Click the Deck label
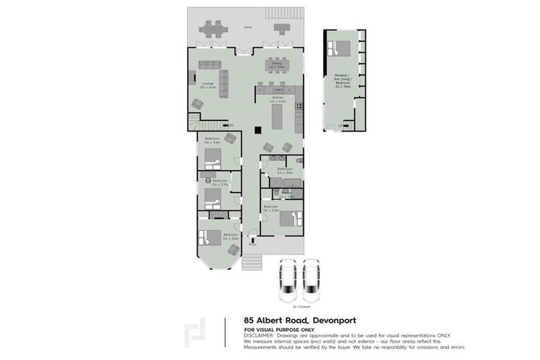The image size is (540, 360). pyautogui.click(x=247, y=27)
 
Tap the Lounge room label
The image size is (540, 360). pyautogui.click(x=208, y=85)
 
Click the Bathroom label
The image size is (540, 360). pyautogui.click(x=284, y=171)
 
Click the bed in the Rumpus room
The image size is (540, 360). pyautogui.click(x=340, y=48)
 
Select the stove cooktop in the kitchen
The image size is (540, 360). pyautogui.click(x=299, y=107)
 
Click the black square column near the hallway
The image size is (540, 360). pyautogui.click(x=259, y=129)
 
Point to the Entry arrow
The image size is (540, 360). pyautogui.click(x=252, y=240)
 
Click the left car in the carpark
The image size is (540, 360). pyautogui.click(x=287, y=279)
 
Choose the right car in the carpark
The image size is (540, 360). pyautogui.click(x=311, y=279)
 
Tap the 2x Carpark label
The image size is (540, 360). pyautogui.click(x=300, y=307)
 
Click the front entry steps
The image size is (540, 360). pyautogui.click(x=252, y=263)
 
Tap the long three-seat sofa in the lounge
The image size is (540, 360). pyautogui.click(x=224, y=84)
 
